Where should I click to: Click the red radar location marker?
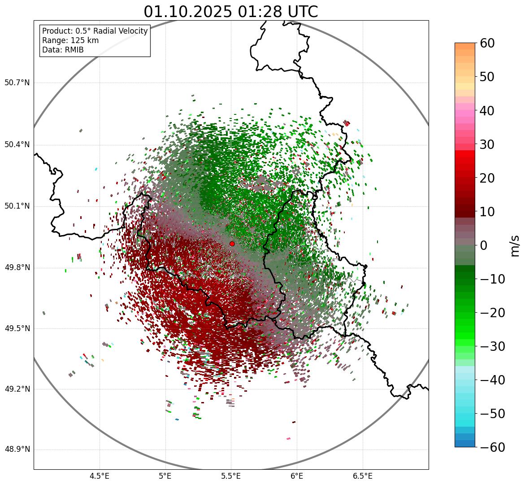pos(232,244)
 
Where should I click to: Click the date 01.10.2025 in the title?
pos(188,12)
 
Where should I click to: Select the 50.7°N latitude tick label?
pos(17,83)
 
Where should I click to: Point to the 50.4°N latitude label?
pos(17,144)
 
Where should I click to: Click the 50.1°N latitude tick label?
pos(17,206)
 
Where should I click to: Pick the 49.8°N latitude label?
pos(17,268)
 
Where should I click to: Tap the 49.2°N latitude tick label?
pos(17,389)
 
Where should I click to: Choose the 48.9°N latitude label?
pos(17,450)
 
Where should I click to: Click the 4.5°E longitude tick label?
pos(100,476)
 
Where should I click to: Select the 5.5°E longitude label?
pos(231,476)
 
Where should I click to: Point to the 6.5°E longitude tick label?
pos(362,476)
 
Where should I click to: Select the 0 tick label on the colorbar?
pos(484,245)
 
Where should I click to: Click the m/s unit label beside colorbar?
pos(515,245)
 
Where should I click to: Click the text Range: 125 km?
pos(70,40)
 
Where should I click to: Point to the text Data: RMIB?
pos(63,50)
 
